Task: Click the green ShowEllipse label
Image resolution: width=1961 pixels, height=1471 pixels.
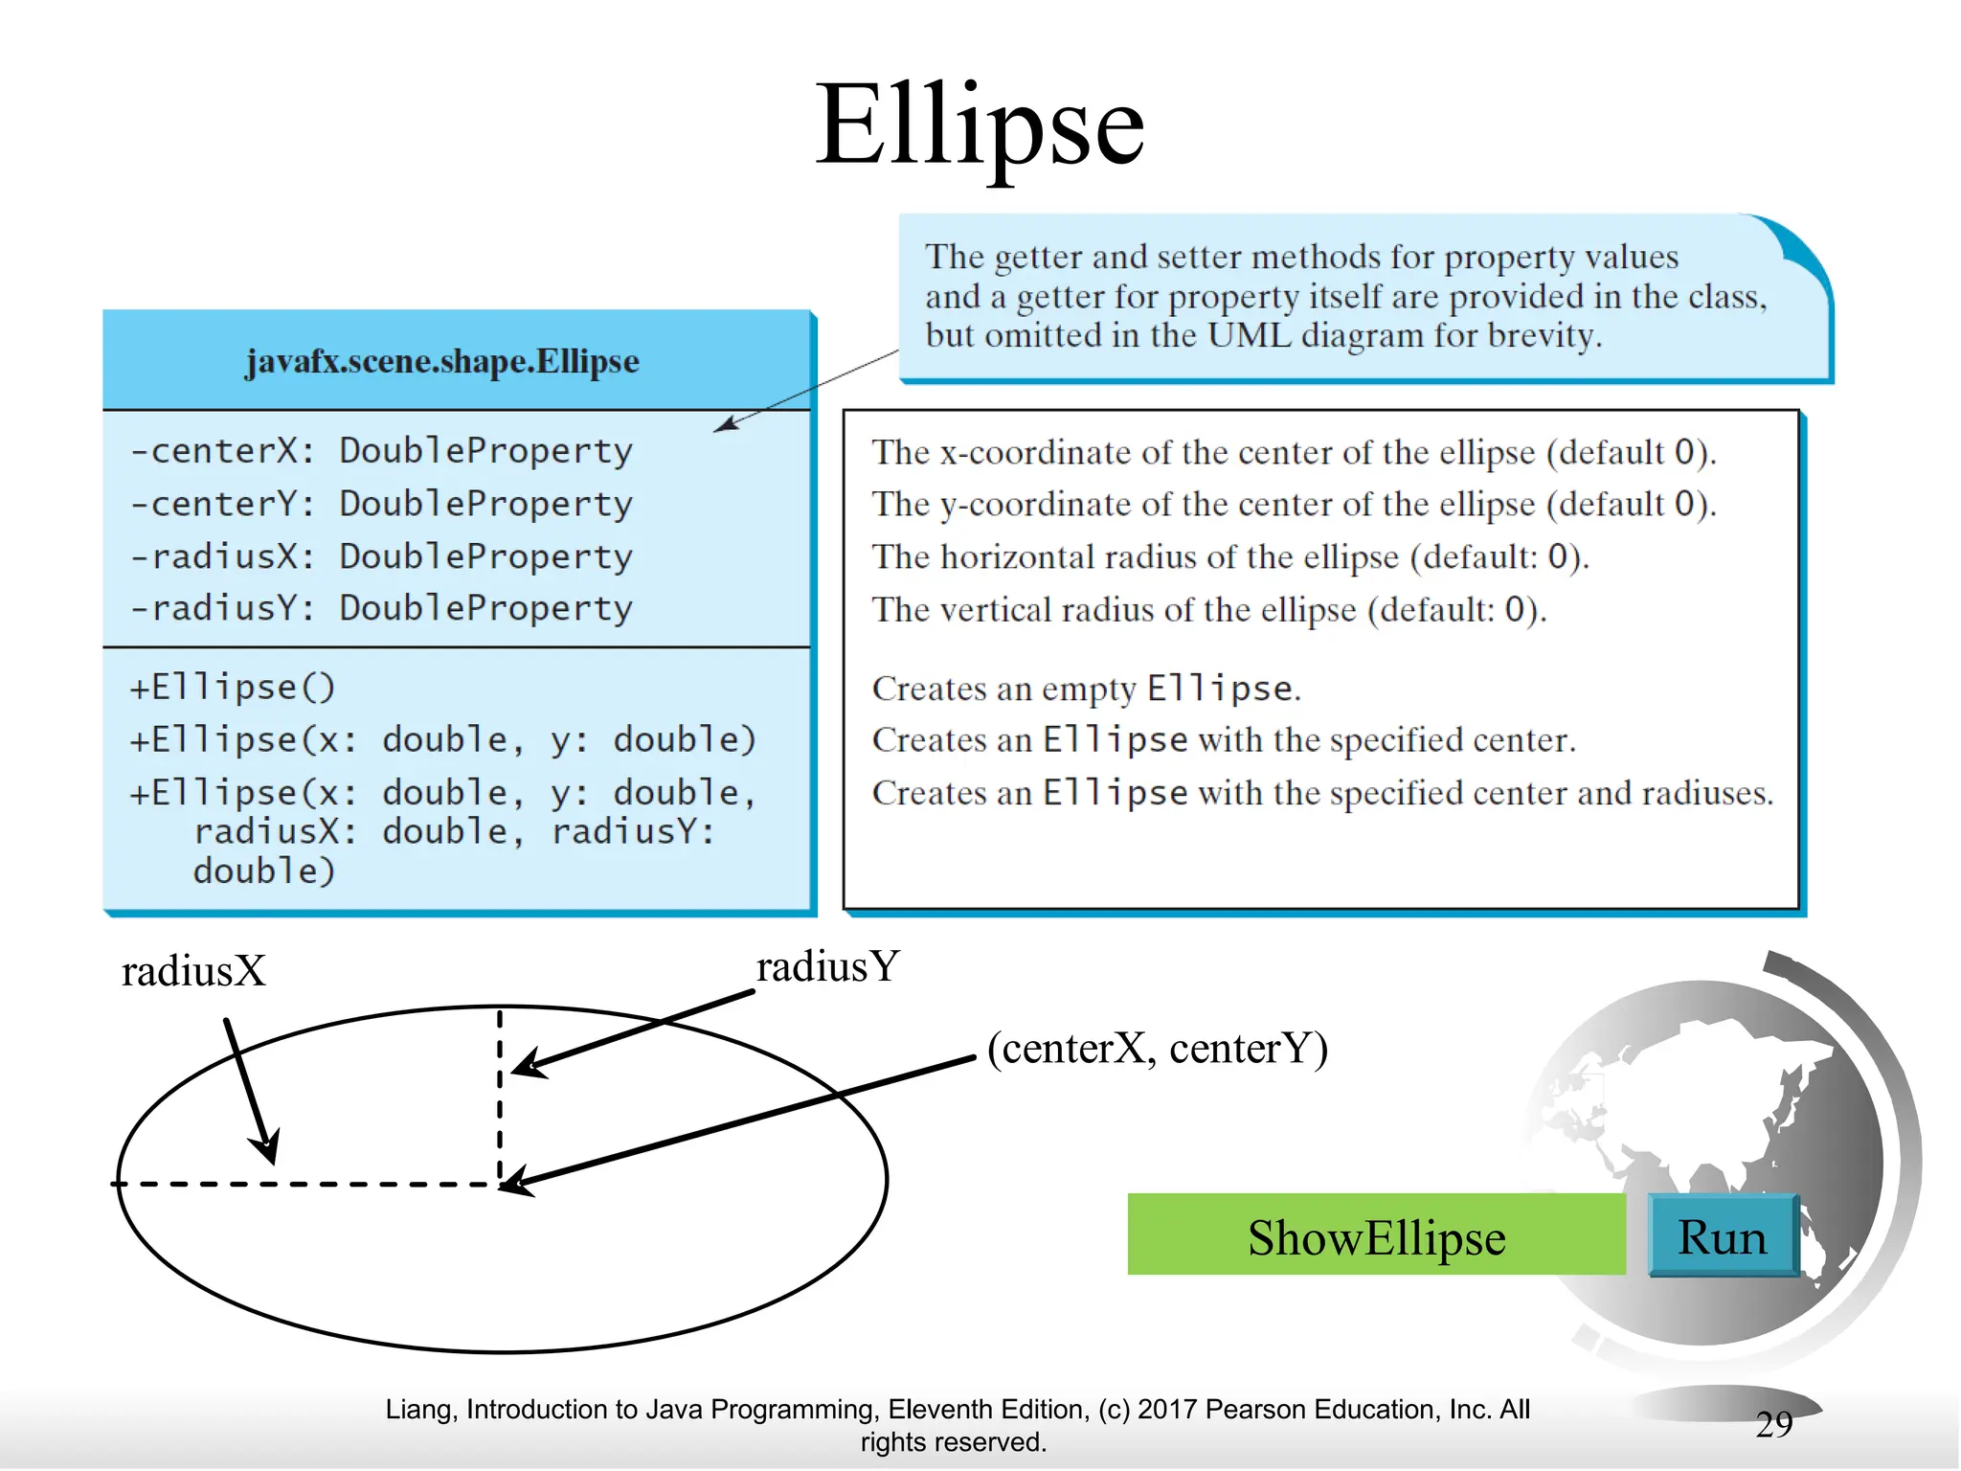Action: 1376,1236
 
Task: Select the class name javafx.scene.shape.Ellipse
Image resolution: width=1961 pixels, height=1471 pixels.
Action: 442,362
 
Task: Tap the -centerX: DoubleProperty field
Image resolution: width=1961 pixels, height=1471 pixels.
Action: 381,450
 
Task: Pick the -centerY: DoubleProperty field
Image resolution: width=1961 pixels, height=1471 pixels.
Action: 381,504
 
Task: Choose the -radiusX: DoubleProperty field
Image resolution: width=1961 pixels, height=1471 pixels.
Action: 381,556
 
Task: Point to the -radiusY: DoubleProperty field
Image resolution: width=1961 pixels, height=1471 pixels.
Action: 381,608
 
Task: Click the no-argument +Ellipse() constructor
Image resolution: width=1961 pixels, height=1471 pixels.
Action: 233,688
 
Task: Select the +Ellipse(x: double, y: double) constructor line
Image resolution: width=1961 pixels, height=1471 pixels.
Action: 442,739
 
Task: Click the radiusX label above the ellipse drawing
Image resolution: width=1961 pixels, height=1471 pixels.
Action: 193,971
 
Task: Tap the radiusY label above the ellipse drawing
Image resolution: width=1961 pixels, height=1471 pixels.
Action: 828,966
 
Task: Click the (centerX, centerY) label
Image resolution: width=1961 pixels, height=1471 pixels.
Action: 1158,1048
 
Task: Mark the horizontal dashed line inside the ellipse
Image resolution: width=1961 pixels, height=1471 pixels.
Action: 306,1185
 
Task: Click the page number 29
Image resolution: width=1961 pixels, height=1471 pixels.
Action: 1774,1424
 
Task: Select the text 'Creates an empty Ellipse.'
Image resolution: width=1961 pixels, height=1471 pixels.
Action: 1086,689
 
